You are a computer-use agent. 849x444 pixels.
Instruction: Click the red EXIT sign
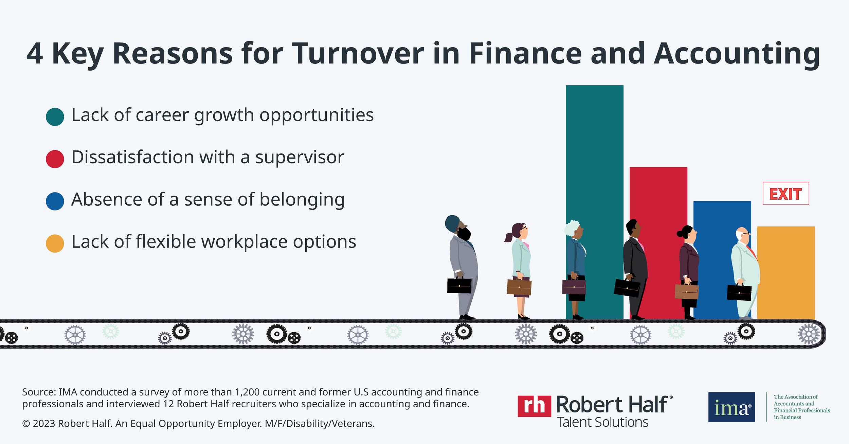pos(785,193)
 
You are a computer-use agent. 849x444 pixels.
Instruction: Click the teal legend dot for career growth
pos(55,117)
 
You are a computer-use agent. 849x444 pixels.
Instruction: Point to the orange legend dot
pos(55,243)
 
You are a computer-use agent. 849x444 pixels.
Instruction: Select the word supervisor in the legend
pos(300,158)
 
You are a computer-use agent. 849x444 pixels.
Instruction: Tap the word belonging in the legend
pos(302,200)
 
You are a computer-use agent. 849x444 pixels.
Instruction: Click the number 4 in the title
pos(35,54)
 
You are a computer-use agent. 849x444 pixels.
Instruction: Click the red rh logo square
pos(534,406)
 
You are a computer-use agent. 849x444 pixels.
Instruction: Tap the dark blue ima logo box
pos(731,407)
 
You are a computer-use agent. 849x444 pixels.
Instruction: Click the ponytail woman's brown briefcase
pos(519,287)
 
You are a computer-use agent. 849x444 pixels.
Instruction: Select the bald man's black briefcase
pos(739,292)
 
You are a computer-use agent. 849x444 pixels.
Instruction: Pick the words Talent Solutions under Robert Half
pos(603,422)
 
